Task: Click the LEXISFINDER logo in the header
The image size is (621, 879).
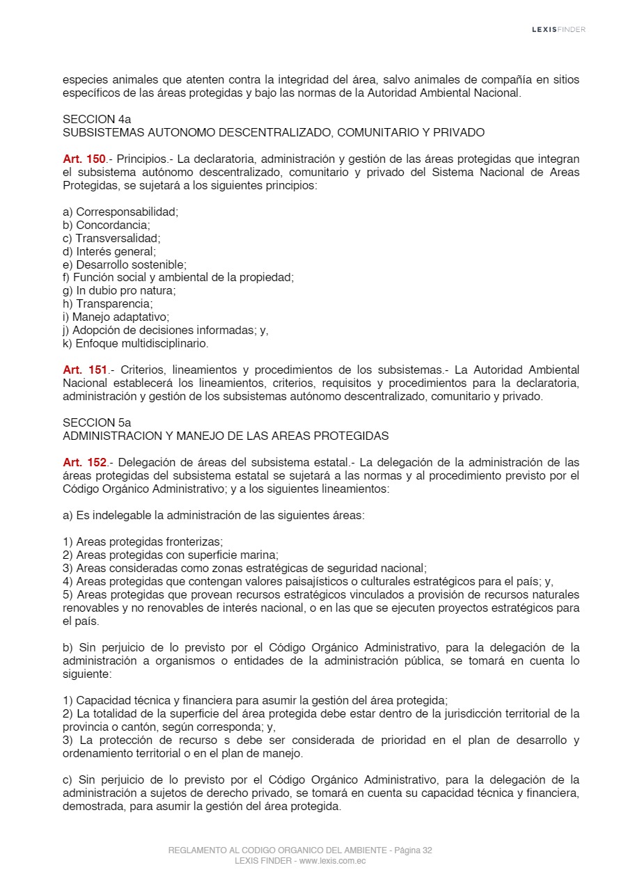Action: [558, 29]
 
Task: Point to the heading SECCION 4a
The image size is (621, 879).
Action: [96, 119]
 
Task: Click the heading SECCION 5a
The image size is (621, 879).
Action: [96, 422]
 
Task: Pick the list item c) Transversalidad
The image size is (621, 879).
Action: [111, 238]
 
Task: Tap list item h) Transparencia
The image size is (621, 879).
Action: [108, 304]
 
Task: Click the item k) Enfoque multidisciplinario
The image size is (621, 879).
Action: [136, 344]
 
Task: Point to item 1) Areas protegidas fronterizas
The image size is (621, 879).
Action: [143, 541]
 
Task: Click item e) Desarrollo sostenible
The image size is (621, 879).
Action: [125, 264]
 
